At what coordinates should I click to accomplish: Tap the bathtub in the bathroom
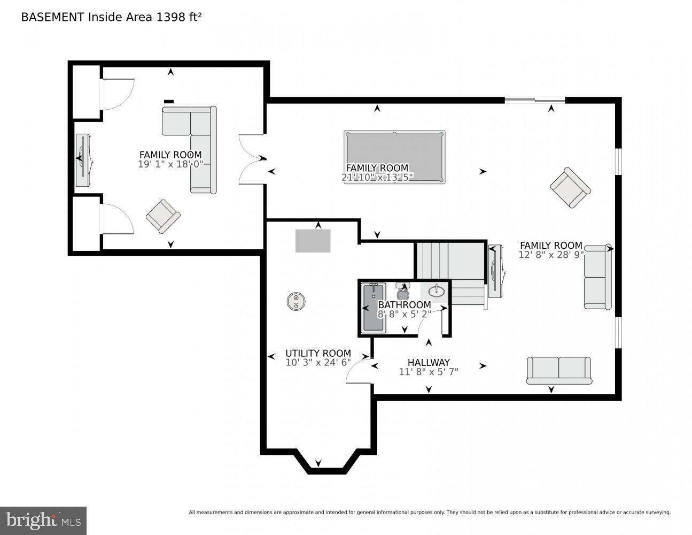374,309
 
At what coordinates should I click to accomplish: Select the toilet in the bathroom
403,292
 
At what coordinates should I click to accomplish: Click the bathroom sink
436,292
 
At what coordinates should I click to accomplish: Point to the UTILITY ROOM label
318,353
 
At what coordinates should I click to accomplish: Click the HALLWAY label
429,362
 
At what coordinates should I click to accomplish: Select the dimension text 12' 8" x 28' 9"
551,255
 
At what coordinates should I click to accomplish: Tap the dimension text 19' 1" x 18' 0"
170,164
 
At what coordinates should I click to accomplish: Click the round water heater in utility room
296,301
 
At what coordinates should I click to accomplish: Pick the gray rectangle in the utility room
313,241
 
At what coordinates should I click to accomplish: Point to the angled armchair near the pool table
570,188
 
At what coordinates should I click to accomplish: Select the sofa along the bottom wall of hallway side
559,370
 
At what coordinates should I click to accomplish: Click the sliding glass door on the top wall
534,100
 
